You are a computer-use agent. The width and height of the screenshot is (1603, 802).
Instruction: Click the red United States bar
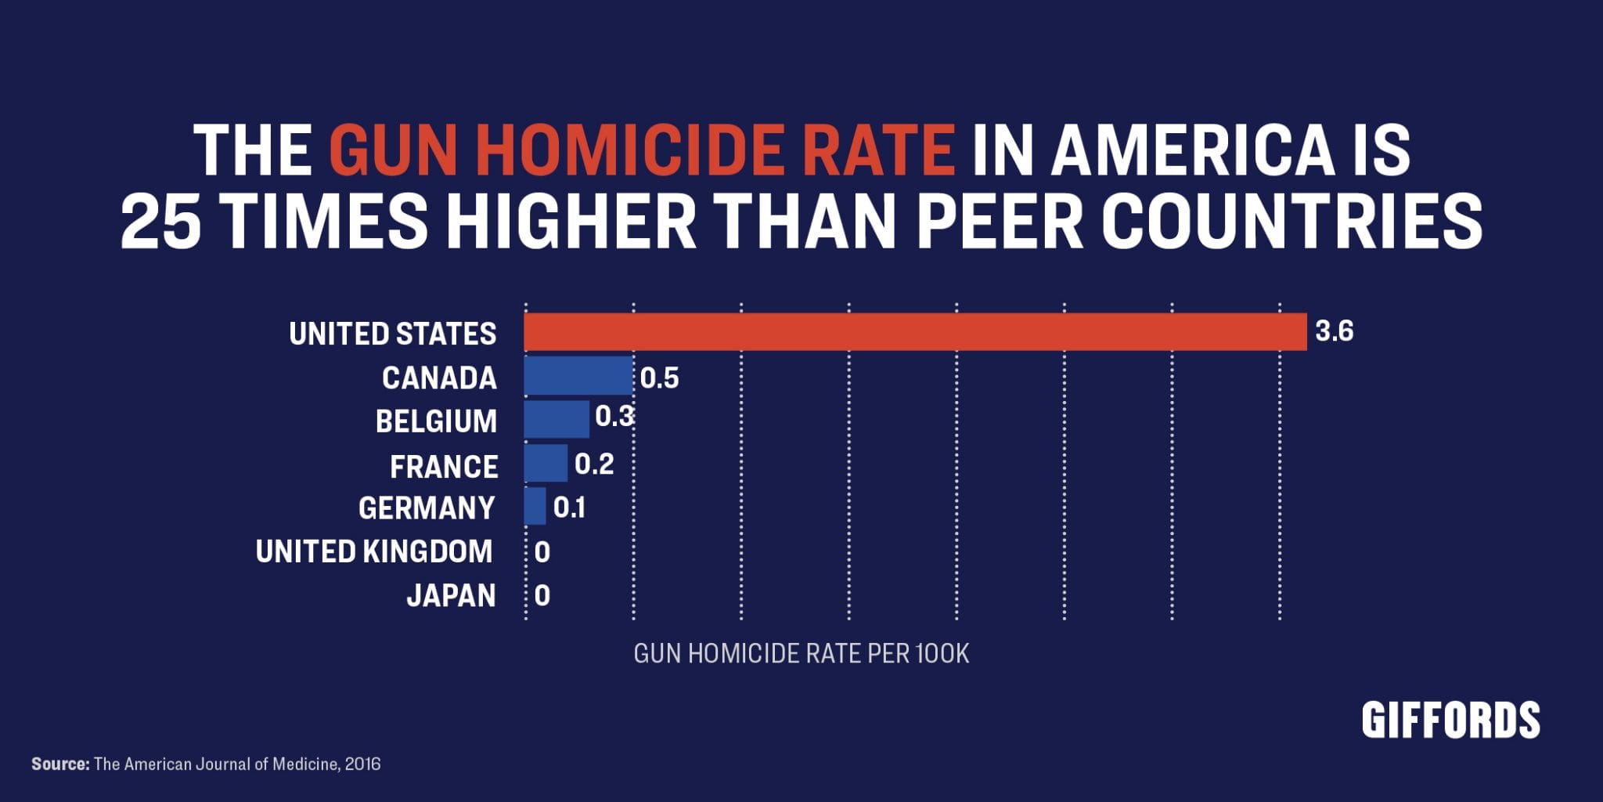(915, 332)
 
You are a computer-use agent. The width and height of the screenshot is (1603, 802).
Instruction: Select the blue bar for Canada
(578, 376)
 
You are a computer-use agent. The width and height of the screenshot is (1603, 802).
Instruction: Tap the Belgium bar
(557, 419)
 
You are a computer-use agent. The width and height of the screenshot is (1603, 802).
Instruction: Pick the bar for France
(546, 464)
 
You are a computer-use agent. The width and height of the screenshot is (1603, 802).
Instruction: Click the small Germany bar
(535, 507)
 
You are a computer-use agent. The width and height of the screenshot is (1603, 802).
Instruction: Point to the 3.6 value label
(1334, 332)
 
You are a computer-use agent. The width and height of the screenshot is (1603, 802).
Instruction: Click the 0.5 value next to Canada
(659, 379)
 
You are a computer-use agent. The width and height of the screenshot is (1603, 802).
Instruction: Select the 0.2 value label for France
(594, 465)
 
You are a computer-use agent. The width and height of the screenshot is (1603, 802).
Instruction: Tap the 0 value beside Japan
(542, 597)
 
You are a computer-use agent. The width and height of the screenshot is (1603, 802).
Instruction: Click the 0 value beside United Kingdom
(542, 553)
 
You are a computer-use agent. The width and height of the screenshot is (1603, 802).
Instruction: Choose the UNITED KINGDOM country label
(374, 552)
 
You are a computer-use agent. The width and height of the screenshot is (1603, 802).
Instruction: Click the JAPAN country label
(451, 596)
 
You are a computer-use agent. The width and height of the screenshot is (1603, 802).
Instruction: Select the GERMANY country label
(427, 508)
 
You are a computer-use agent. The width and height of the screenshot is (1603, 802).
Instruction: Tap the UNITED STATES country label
(392, 334)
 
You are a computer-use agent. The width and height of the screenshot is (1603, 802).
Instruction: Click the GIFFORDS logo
(1450, 721)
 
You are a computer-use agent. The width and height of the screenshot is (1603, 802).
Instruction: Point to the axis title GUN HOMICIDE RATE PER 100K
(801, 654)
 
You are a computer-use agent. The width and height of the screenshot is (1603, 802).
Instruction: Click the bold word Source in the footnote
(60, 764)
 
